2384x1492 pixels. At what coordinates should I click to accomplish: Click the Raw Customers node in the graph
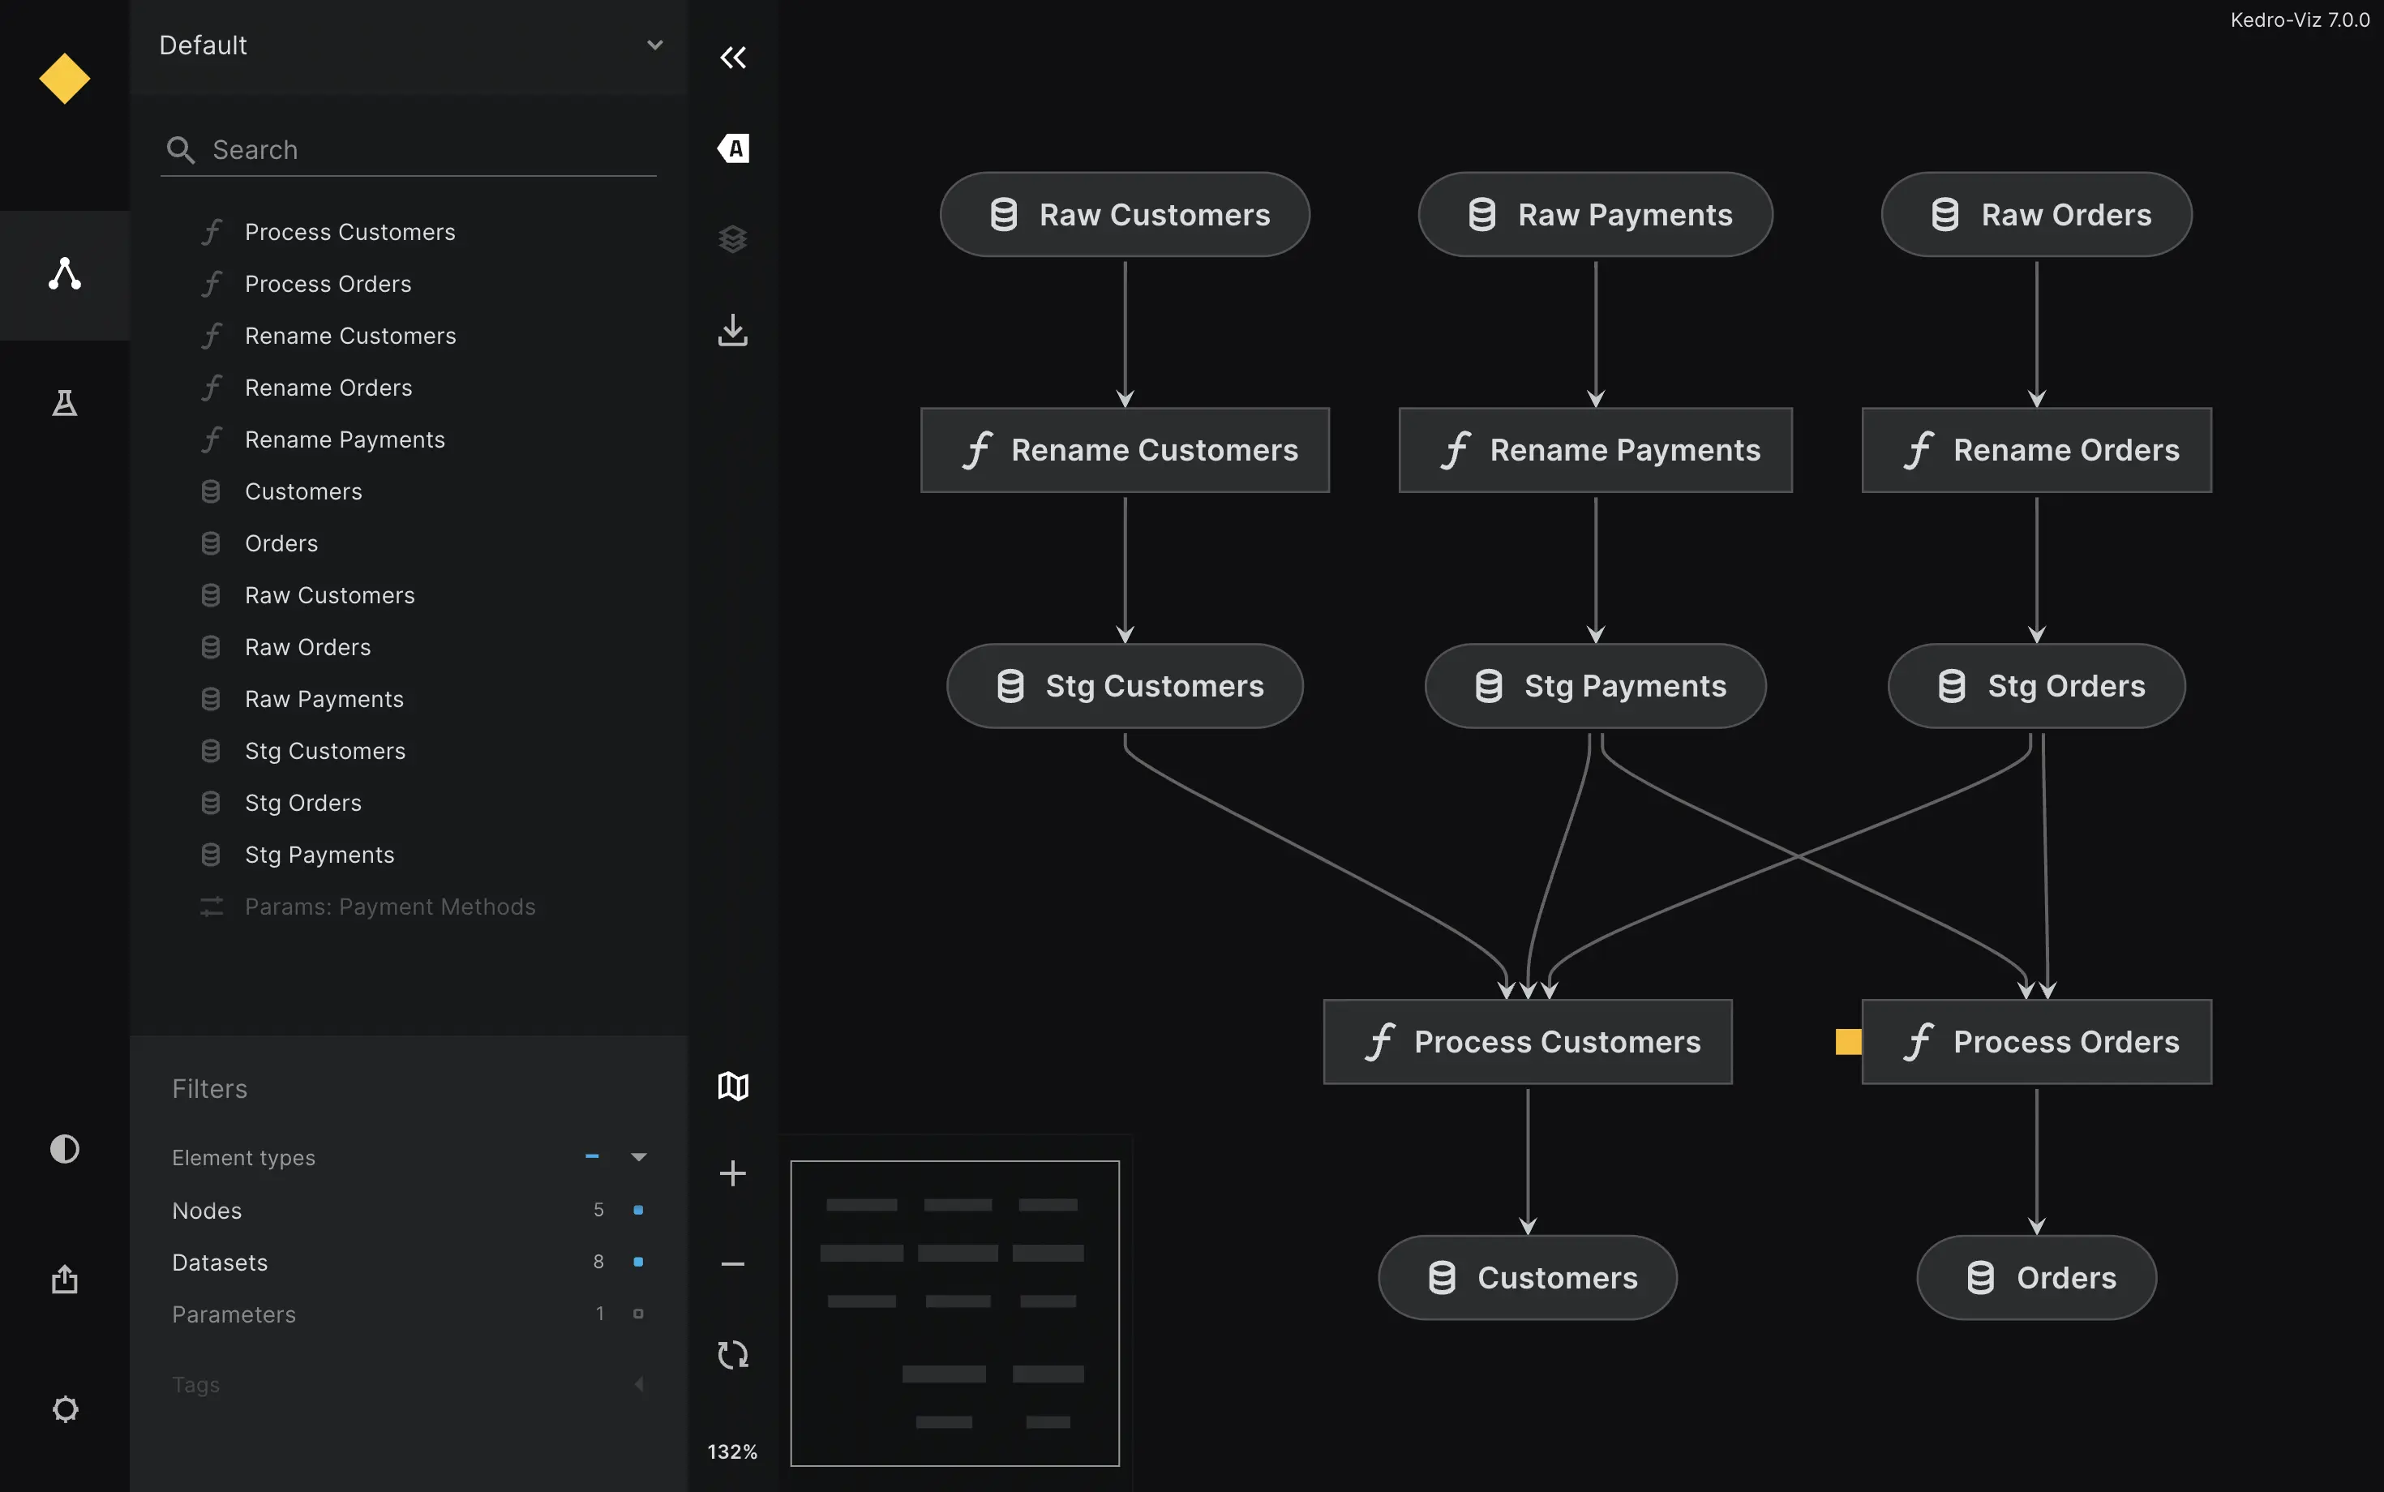(x=1125, y=215)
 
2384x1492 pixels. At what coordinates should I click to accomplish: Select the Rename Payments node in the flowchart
(x=1596, y=450)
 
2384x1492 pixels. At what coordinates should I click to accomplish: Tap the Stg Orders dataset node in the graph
(x=2037, y=686)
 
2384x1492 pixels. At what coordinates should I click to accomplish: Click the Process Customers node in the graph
(x=1528, y=1042)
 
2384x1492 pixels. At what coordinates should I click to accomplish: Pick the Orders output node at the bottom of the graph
(x=2037, y=1278)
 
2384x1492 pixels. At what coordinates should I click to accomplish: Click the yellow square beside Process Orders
(x=1848, y=1042)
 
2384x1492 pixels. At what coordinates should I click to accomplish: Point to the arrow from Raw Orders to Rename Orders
(x=2037, y=333)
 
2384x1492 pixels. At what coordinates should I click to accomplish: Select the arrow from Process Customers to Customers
(x=1528, y=1161)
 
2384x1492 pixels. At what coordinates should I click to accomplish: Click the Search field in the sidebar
(x=409, y=150)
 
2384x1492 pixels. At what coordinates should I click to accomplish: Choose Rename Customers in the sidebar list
(x=350, y=336)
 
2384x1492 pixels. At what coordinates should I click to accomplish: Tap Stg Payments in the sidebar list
(x=319, y=855)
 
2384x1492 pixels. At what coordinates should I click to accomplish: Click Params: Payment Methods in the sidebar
(x=390, y=907)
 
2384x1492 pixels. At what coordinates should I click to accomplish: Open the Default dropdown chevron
(x=654, y=45)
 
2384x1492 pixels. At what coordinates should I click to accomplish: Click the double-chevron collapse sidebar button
(x=733, y=58)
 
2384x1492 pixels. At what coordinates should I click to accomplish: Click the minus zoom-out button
(x=733, y=1264)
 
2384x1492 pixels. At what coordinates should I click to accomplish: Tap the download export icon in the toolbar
(x=733, y=329)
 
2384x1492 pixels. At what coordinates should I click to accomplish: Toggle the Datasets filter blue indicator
(x=638, y=1262)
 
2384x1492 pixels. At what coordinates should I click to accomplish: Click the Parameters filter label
(x=234, y=1314)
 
